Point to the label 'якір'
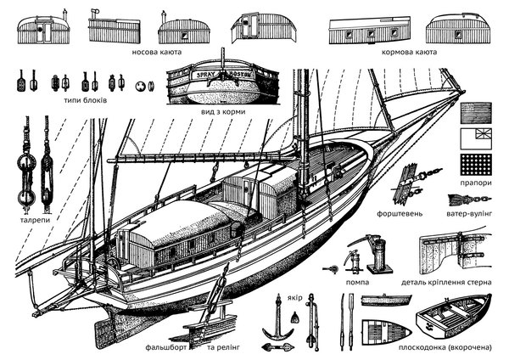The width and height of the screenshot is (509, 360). (295, 299)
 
